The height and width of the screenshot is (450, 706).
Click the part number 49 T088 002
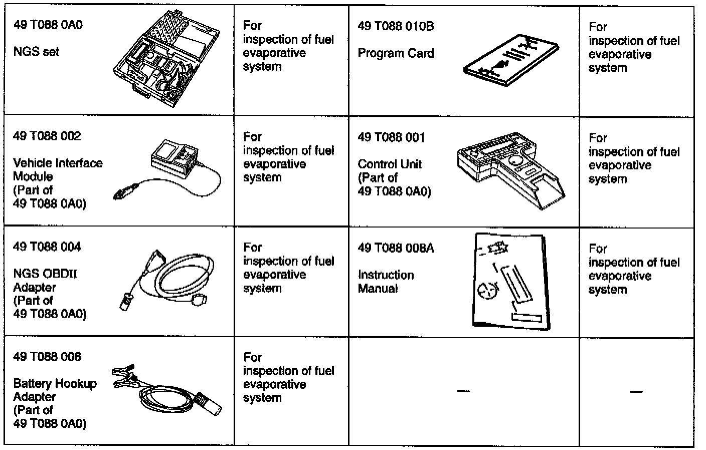[x=47, y=136]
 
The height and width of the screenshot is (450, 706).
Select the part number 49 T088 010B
[x=396, y=26]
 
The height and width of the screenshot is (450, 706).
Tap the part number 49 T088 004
[x=47, y=247]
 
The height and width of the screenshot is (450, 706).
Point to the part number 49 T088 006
[x=47, y=357]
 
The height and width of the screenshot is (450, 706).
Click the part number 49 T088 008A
[x=396, y=248]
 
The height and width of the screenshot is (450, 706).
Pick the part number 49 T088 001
[x=391, y=137]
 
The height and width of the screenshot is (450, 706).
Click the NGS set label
[x=36, y=52]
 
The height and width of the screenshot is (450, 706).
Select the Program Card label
[x=396, y=54]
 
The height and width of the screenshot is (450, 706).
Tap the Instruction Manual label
[x=386, y=282]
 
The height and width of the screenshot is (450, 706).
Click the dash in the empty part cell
[x=463, y=391]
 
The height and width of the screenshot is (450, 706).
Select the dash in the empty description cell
[x=636, y=391]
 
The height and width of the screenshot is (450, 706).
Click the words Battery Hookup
[x=55, y=384]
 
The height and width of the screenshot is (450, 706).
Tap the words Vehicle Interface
[x=58, y=163]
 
